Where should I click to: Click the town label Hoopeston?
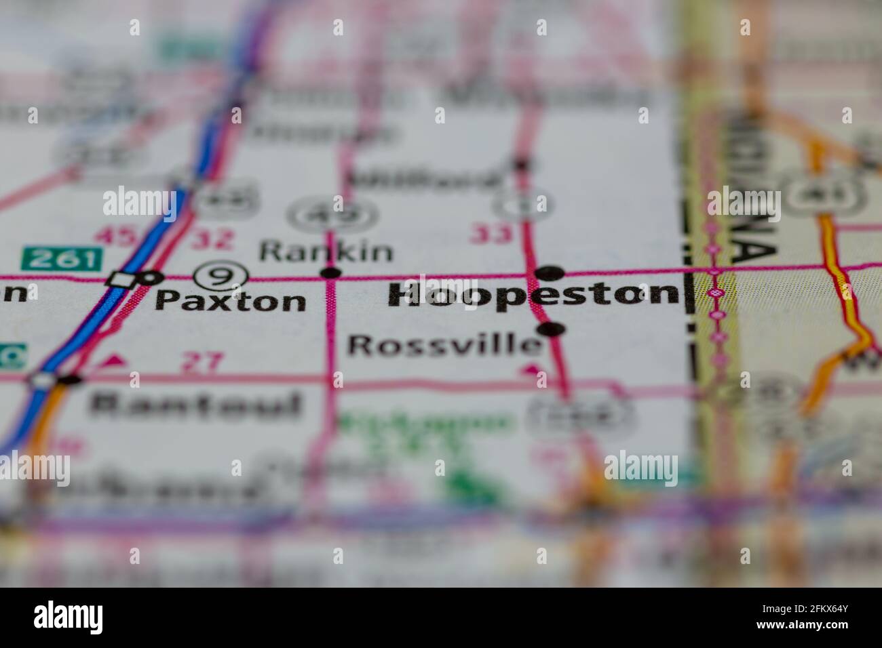click(x=533, y=296)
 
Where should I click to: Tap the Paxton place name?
click(x=230, y=300)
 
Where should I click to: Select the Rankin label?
click(x=326, y=251)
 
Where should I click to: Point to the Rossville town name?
click(x=444, y=345)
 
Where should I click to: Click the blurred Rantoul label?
click(x=195, y=405)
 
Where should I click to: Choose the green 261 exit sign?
click(x=62, y=258)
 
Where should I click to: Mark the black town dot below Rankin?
click(x=330, y=273)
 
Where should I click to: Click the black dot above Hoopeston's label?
click(x=549, y=272)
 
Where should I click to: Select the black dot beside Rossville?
click(x=552, y=329)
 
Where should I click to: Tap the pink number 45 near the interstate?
click(x=113, y=237)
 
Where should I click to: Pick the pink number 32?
click(x=212, y=239)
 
